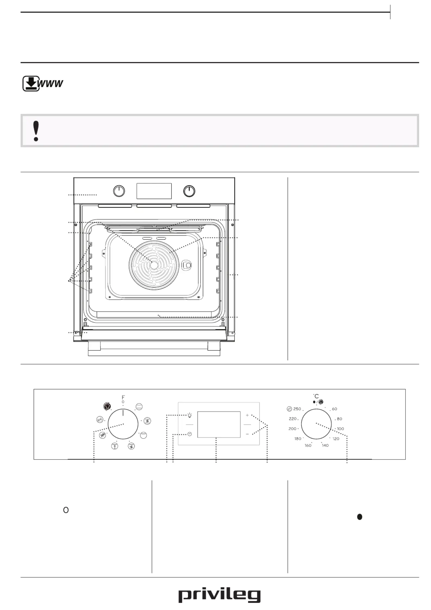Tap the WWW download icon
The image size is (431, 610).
tap(43, 83)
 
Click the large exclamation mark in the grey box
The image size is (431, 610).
tap(36, 131)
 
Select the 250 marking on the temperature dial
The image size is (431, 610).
tap(297, 409)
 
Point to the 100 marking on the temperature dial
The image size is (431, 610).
tap(341, 429)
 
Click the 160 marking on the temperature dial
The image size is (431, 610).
tap(308, 445)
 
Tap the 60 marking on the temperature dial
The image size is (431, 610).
tap(335, 409)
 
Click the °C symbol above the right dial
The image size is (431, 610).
tap(316, 396)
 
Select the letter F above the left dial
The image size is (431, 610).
tap(123, 398)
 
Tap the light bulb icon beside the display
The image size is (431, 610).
tap(190, 415)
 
